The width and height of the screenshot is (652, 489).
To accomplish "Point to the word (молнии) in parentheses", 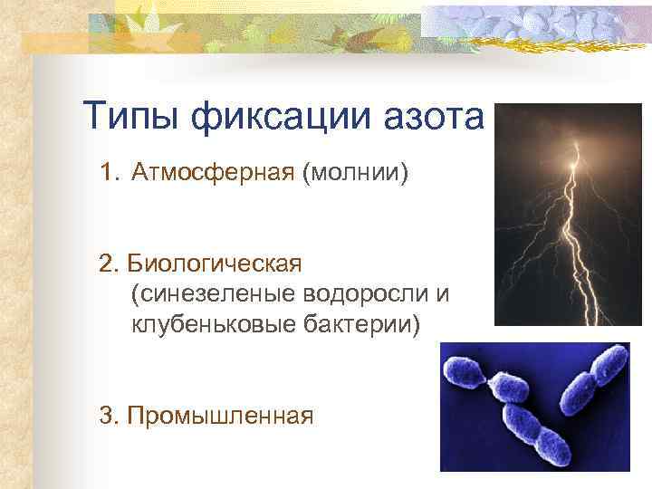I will tap(356, 172).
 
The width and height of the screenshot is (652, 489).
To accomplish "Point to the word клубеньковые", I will tap(209, 323).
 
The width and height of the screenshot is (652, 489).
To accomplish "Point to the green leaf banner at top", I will tap(254, 27).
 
